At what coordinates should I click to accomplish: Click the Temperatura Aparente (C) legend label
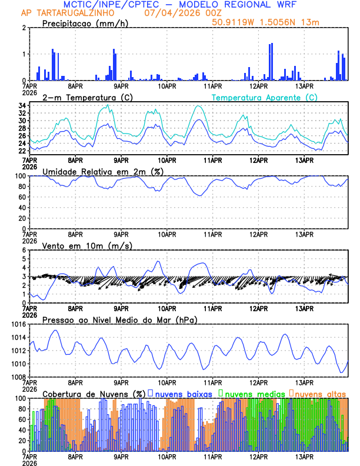point(264,97)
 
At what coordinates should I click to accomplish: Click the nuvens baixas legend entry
point(182,393)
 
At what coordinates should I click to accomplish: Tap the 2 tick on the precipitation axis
point(24,28)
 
